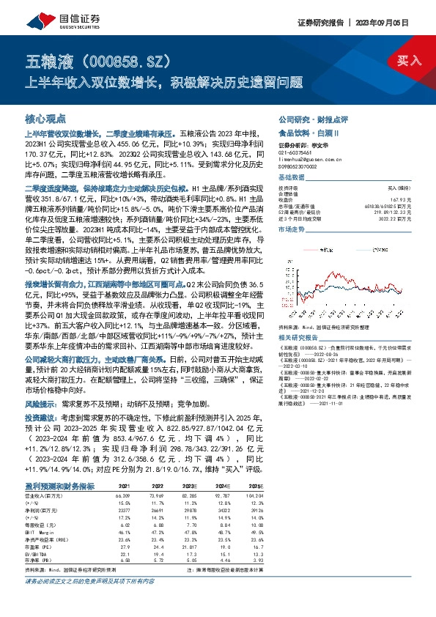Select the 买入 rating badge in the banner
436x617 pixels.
point(410,60)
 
